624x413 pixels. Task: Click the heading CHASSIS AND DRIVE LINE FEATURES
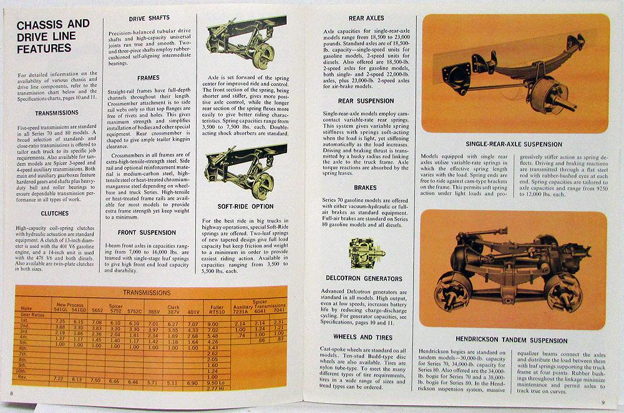pyautogui.click(x=53, y=39)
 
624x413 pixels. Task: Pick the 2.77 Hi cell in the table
pyautogui.click(x=214, y=388)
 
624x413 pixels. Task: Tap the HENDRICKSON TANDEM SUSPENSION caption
pyautogui.click(x=515, y=341)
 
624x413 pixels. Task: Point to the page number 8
pyautogui.click(x=11, y=394)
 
